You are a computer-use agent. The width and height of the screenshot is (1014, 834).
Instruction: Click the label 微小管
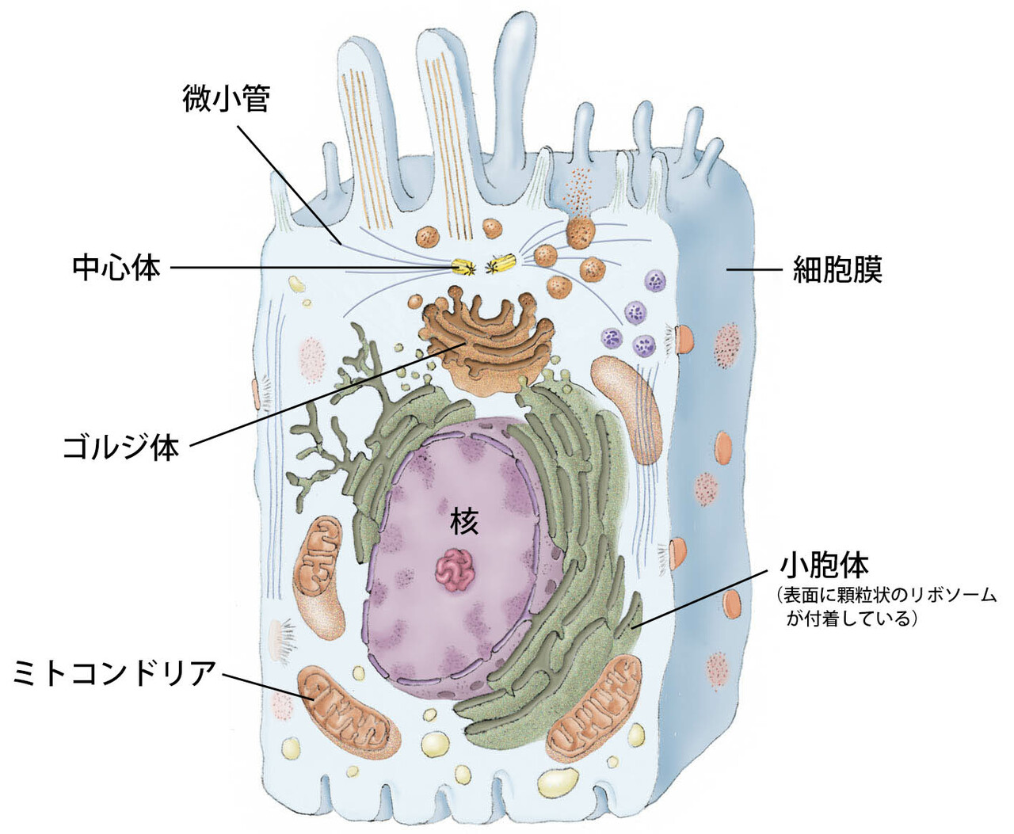(226, 99)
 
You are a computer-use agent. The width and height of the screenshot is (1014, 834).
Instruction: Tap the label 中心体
(116, 268)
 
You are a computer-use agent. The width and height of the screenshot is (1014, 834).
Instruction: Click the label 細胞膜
(837, 270)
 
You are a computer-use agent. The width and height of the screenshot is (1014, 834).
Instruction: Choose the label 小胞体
(824, 565)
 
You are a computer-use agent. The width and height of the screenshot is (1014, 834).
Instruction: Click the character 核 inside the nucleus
(464, 520)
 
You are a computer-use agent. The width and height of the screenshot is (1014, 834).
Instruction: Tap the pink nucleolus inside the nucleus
(456, 571)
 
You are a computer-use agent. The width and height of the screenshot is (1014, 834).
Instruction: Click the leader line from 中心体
(317, 268)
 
